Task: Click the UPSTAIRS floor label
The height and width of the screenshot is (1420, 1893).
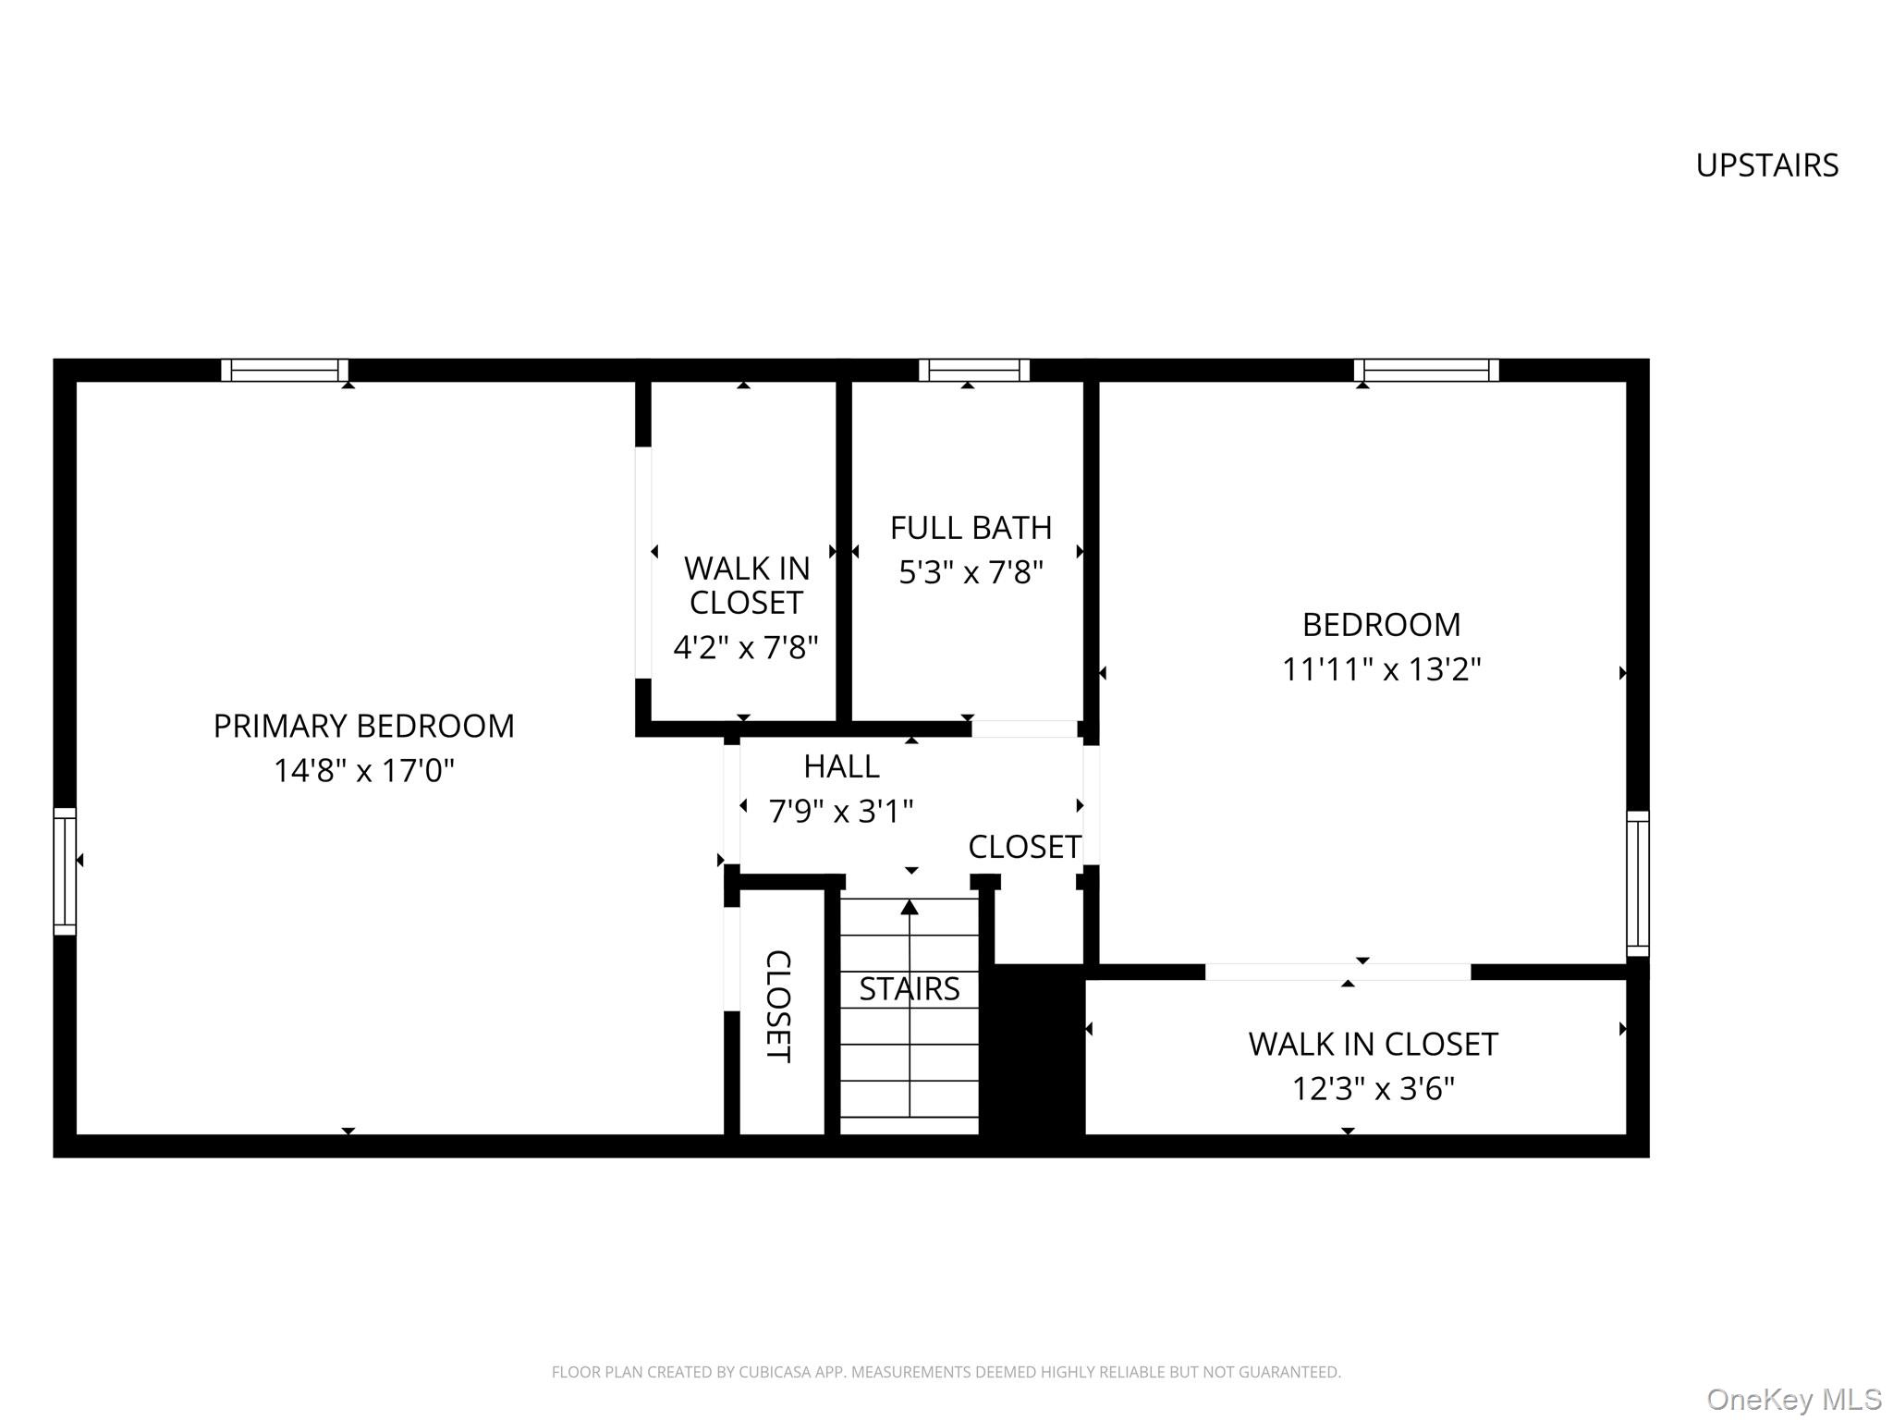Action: pyautogui.click(x=1766, y=165)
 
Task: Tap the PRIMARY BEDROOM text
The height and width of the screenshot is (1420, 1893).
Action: pyautogui.click(x=363, y=727)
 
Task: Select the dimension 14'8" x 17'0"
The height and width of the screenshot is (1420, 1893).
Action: pyautogui.click(x=363, y=771)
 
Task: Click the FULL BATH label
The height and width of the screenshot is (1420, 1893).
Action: pyautogui.click(x=971, y=528)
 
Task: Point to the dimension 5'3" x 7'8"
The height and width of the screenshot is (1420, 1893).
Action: pyautogui.click(x=971, y=573)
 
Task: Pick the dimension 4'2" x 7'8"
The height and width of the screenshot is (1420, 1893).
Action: pyautogui.click(x=745, y=648)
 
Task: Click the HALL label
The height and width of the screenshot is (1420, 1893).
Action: pyautogui.click(x=841, y=766)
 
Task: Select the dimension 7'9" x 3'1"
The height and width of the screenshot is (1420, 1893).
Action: pyautogui.click(x=841, y=812)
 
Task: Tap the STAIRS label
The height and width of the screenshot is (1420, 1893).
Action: pyautogui.click(x=910, y=989)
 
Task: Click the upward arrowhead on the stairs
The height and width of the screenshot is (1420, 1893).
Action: pyautogui.click(x=910, y=908)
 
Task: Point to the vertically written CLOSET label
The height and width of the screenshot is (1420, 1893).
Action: pyautogui.click(x=778, y=1006)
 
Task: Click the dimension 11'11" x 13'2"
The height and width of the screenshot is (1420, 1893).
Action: pyautogui.click(x=1381, y=669)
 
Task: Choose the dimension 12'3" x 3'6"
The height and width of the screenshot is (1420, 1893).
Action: pyautogui.click(x=1373, y=1089)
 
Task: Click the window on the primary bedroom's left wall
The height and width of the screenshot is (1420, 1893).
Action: pyautogui.click(x=65, y=871)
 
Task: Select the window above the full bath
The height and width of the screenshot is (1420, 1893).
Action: pyautogui.click(x=973, y=370)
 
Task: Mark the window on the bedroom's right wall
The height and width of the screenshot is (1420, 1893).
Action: pyautogui.click(x=1637, y=884)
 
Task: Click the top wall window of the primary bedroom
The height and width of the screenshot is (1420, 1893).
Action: pyautogui.click(x=285, y=370)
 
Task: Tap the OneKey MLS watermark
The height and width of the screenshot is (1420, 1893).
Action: pyautogui.click(x=1794, y=1400)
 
